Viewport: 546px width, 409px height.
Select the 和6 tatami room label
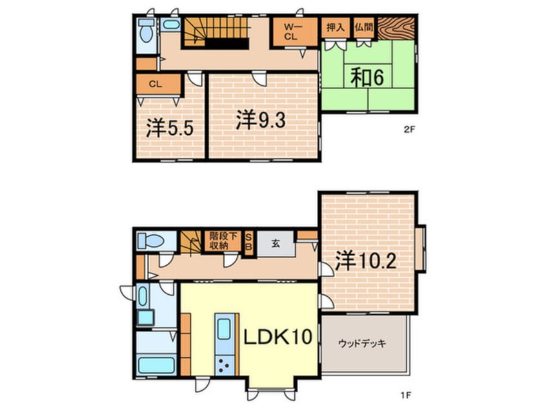click(367, 77)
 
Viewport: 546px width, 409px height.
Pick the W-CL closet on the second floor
click(289, 32)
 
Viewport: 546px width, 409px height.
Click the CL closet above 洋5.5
click(155, 84)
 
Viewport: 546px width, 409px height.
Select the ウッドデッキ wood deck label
click(362, 343)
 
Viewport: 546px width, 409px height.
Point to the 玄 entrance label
click(275, 243)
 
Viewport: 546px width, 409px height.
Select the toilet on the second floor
click(146, 30)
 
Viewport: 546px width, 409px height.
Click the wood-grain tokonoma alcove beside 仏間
click(396, 28)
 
